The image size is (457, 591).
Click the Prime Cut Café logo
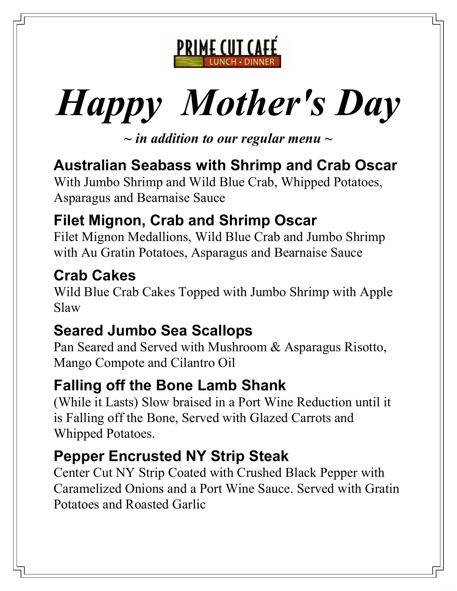pyautogui.click(x=227, y=53)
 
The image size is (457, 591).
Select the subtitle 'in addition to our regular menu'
pyautogui.click(x=228, y=139)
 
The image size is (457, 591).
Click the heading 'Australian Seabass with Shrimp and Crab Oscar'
pyautogui.click(x=225, y=165)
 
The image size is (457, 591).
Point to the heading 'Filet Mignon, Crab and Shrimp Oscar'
pyautogui.click(x=185, y=220)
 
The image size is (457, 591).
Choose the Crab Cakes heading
pyautogui.click(x=95, y=275)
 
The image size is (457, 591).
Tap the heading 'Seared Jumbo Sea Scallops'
pyautogui.click(x=153, y=331)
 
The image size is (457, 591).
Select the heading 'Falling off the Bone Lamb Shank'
pyautogui.click(x=170, y=385)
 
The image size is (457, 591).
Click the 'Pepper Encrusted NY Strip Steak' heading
pyautogui.click(x=171, y=456)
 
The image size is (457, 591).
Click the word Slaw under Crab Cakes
pyautogui.click(x=67, y=308)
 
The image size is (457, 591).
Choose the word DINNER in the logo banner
pyautogui.click(x=259, y=62)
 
